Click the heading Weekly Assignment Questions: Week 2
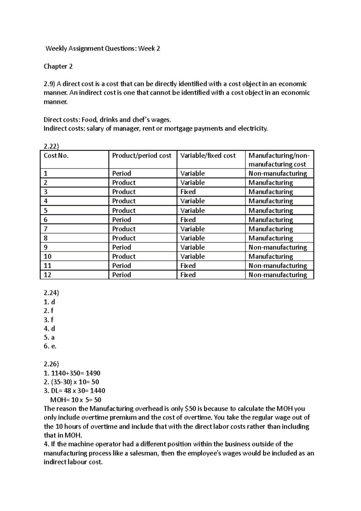click(x=103, y=48)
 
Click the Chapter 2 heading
click(x=58, y=66)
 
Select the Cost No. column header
click(x=56, y=156)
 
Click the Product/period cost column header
click(x=142, y=156)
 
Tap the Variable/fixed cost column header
click(x=208, y=156)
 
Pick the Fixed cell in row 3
click(x=188, y=192)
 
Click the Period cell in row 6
click(x=122, y=220)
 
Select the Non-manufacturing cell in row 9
click(x=278, y=247)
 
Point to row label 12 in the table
click(x=48, y=275)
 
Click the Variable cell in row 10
click(x=193, y=256)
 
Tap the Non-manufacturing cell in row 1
click(x=278, y=173)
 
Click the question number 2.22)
click(x=51, y=146)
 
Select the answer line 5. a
click(x=49, y=337)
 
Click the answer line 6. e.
click(x=50, y=346)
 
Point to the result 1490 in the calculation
click(x=93, y=373)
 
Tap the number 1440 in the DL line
click(x=97, y=391)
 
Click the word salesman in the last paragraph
click(x=144, y=453)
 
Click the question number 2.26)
click(x=51, y=364)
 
